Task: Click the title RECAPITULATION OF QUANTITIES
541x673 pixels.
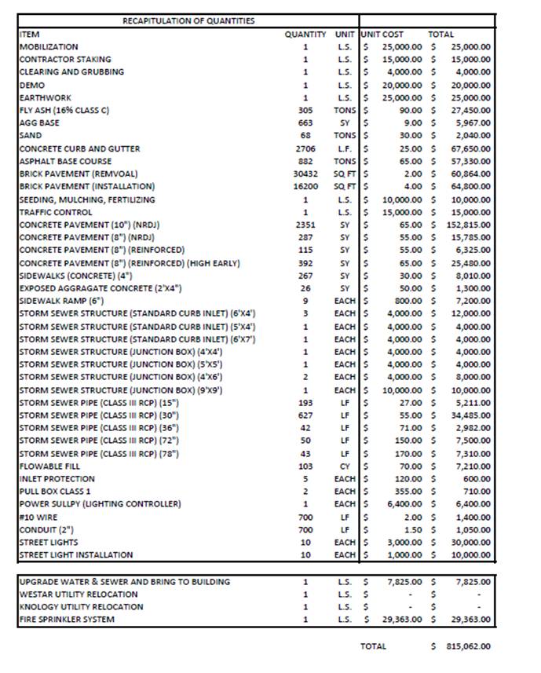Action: (188, 21)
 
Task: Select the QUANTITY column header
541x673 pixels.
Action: (305, 35)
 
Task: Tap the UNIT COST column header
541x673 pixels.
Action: (382, 35)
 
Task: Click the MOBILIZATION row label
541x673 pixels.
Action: (49, 47)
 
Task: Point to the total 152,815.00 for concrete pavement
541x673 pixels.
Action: (469, 225)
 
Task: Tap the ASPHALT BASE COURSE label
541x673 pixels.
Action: (65, 161)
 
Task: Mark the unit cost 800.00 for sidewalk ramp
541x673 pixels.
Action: (409, 301)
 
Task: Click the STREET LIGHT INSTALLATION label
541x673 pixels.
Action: (76, 555)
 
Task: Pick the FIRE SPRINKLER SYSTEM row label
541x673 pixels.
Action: (67, 620)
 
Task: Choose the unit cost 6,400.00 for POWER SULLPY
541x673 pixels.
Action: (405, 504)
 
